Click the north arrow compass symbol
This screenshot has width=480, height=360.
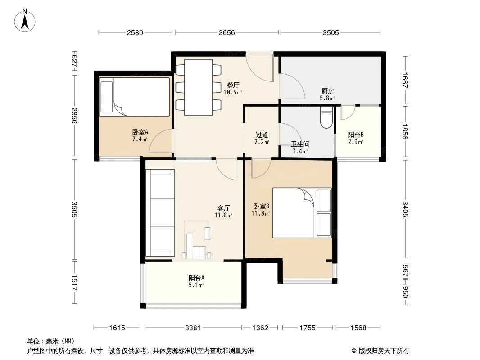[25, 21]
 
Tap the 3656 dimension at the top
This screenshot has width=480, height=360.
[227, 33]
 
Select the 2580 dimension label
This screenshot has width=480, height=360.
[135, 33]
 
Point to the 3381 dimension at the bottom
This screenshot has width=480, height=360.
[193, 328]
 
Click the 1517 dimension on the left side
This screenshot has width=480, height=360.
[74, 283]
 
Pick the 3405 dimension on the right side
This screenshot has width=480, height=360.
[405, 209]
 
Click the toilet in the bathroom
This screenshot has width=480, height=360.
[326, 117]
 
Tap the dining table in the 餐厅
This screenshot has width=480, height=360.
[199, 87]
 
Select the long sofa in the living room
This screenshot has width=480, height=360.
[160, 213]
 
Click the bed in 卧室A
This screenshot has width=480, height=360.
[134, 97]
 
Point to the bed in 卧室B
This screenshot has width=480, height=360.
[302, 213]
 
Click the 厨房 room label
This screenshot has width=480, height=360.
[327, 91]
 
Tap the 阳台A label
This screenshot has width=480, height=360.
[196, 278]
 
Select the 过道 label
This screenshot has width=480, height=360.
[262, 135]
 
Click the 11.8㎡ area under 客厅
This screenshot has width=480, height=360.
[223, 215]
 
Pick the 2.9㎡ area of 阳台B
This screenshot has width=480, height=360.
[355, 142]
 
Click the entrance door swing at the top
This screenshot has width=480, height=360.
[260, 68]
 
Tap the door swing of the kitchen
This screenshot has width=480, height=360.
[292, 86]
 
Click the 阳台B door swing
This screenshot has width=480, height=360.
[348, 112]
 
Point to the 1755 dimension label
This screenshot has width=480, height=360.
[308, 328]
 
